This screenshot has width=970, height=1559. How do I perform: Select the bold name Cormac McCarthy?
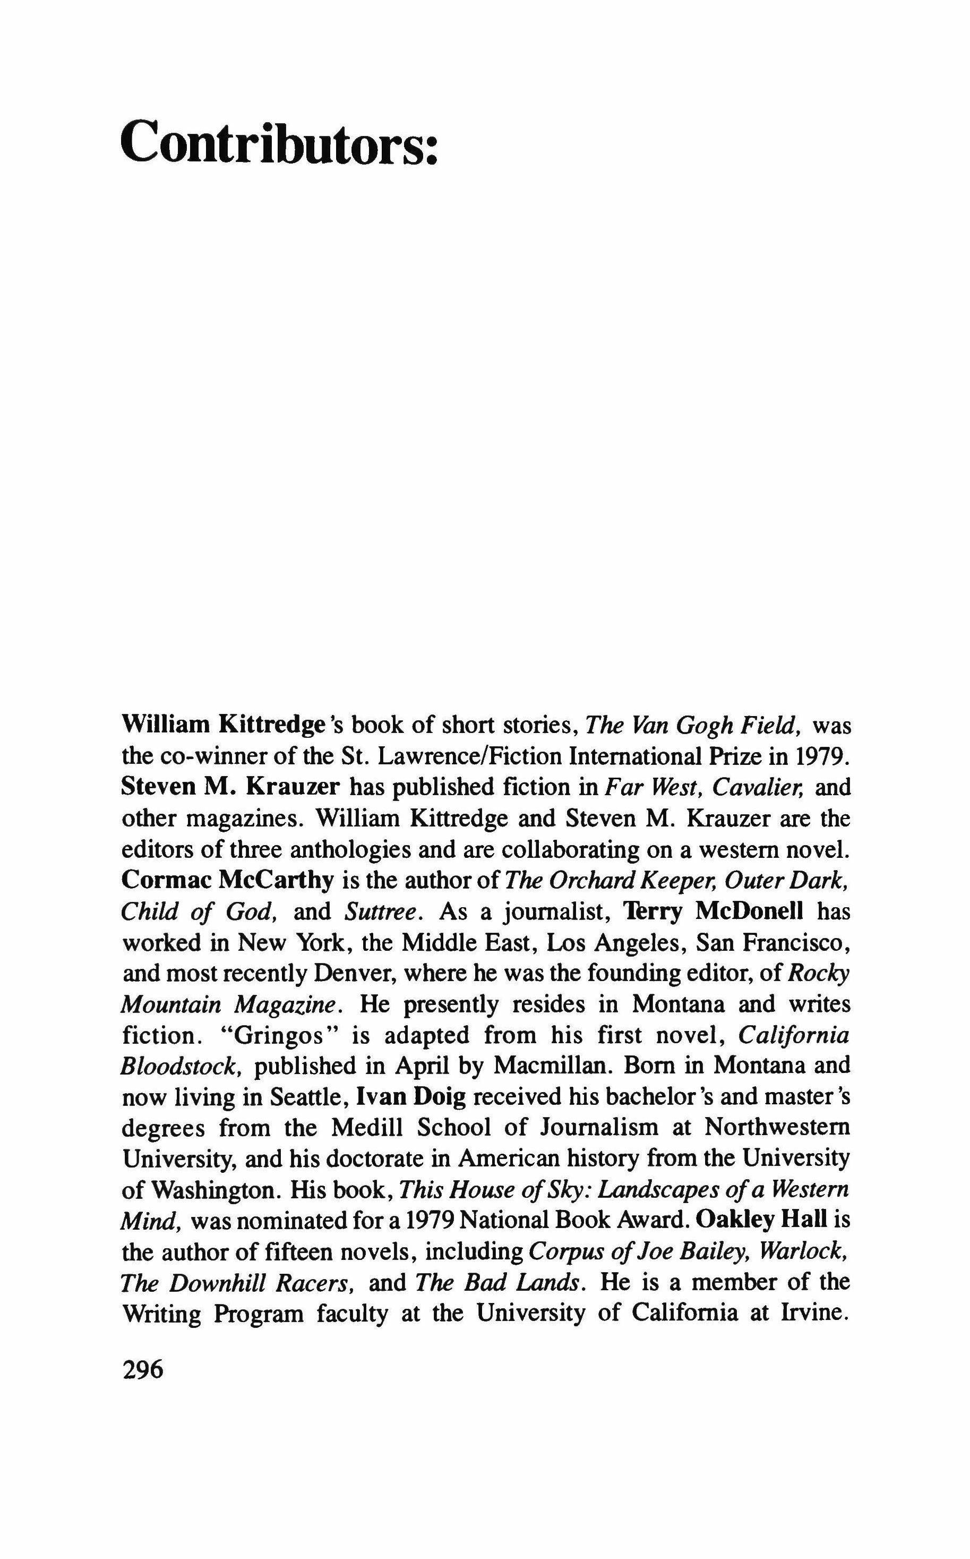(228, 881)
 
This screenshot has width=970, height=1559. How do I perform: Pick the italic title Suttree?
(383, 912)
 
